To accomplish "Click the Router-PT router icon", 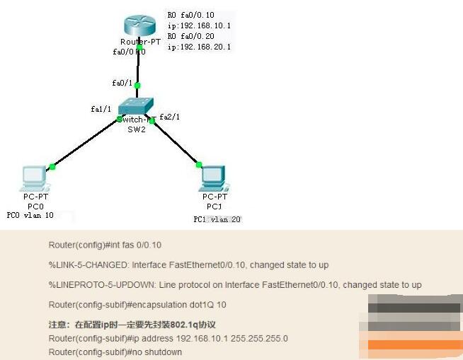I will pyautogui.click(x=139, y=26).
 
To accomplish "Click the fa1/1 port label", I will pyautogui.click(x=101, y=109).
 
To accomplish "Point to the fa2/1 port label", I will pyautogui.click(x=170, y=117).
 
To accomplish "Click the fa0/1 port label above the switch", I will pyautogui.click(x=121, y=83).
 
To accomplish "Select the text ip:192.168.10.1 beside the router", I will pyautogui.click(x=199, y=25).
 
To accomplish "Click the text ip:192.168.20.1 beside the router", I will pyautogui.click(x=199, y=47).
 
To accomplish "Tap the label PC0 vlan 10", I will pyautogui.click(x=30, y=215).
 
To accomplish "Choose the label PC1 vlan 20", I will pyautogui.click(x=217, y=220).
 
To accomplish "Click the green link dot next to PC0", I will pyautogui.click(x=52, y=166).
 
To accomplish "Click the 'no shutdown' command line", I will pyautogui.click(x=115, y=352).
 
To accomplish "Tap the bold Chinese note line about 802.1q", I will pyautogui.click(x=132, y=325).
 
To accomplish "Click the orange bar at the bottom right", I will pyautogui.click(x=410, y=345).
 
